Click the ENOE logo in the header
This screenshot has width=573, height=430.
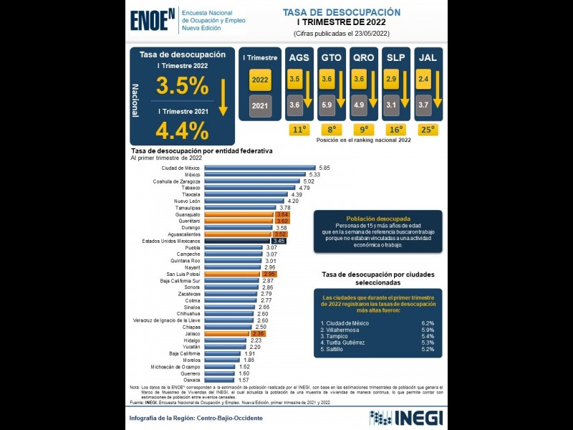(x=153, y=20)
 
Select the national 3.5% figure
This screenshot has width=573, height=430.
(x=182, y=86)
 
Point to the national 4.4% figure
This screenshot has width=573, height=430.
(x=182, y=130)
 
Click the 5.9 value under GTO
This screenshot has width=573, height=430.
(x=327, y=105)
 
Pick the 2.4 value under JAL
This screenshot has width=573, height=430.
(x=423, y=79)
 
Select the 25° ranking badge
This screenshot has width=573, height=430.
(x=427, y=130)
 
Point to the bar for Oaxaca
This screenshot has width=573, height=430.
(x=220, y=379)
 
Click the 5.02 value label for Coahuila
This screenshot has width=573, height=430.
(x=309, y=181)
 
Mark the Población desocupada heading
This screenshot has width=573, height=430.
(x=377, y=219)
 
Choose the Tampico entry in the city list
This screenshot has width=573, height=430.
(x=337, y=336)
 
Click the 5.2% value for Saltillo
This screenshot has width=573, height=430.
(x=428, y=350)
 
